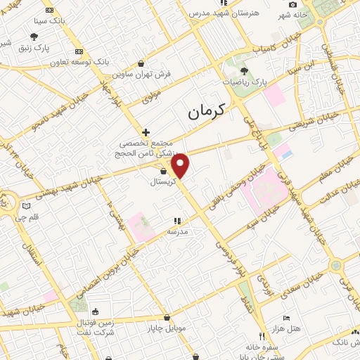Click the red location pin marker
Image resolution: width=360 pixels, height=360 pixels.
(x=181, y=166)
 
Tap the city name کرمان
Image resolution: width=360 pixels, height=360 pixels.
(x=206, y=110)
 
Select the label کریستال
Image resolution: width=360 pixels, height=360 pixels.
(x=163, y=181)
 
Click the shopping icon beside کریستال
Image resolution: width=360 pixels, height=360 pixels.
(x=163, y=171)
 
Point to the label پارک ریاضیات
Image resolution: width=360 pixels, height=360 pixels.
(x=245, y=82)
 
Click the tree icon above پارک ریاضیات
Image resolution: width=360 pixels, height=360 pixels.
(x=244, y=71)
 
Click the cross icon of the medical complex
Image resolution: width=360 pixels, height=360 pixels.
(x=146, y=131)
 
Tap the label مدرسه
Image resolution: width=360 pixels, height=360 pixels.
(x=176, y=231)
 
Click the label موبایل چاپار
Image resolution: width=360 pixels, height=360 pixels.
(x=166, y=328)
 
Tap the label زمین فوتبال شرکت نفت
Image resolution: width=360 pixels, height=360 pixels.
(x=95, y=326)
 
